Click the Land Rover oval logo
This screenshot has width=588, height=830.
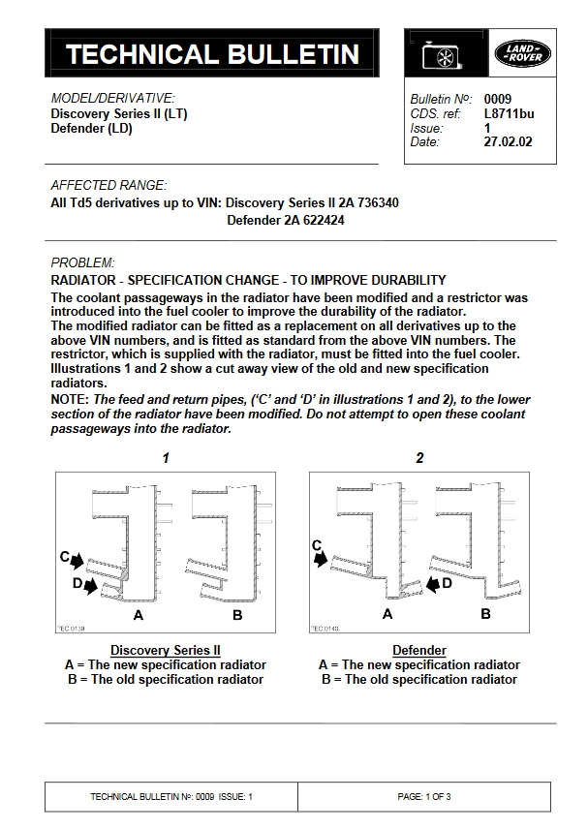coord(524,54)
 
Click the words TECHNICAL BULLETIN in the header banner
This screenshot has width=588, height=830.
coord(212,55)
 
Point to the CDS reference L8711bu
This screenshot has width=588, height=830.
coord(507,114)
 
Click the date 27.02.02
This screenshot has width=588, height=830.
coord(508,141)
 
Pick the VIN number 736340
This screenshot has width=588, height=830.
coord(378,203)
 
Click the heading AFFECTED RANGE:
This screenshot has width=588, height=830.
coord(108,185)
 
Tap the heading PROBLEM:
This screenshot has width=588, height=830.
coord(82,262)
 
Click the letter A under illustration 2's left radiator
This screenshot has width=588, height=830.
coord(387,614)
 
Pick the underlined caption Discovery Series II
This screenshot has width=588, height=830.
coord(166,650)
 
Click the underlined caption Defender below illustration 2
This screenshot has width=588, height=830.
coord(418,650)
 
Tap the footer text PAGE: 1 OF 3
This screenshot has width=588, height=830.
coord(424,796)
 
